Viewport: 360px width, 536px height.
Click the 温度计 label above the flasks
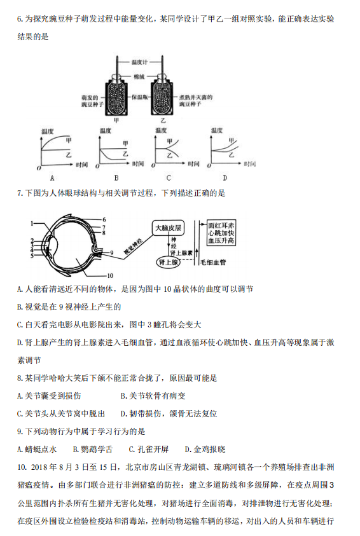point(139,62)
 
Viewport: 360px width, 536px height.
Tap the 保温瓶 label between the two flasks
point(140,97)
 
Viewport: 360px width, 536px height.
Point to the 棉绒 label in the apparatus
point(139,77)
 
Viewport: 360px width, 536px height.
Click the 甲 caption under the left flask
point(116,121)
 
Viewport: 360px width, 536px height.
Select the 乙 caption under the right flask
point(163,121)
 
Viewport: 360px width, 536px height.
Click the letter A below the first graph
point(52,178)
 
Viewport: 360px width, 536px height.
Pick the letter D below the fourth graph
point(225,178)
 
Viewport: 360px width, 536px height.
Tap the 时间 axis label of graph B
point(138,164)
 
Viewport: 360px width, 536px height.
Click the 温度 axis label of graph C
point(161,130)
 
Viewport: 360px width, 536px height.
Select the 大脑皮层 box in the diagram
point(168,228)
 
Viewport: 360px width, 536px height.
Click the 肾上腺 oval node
point(168,262)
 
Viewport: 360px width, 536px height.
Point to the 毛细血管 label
point(212,263)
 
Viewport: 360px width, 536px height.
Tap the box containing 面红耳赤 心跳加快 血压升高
point(221,233)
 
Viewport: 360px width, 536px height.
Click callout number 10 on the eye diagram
point(110,275)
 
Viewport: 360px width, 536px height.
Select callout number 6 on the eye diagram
point(104,219)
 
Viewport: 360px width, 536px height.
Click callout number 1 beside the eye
point(32,224)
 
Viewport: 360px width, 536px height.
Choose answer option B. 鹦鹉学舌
point(93,449)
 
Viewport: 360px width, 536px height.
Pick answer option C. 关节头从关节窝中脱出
point(61,414)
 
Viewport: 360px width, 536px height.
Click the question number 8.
point(20,378)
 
